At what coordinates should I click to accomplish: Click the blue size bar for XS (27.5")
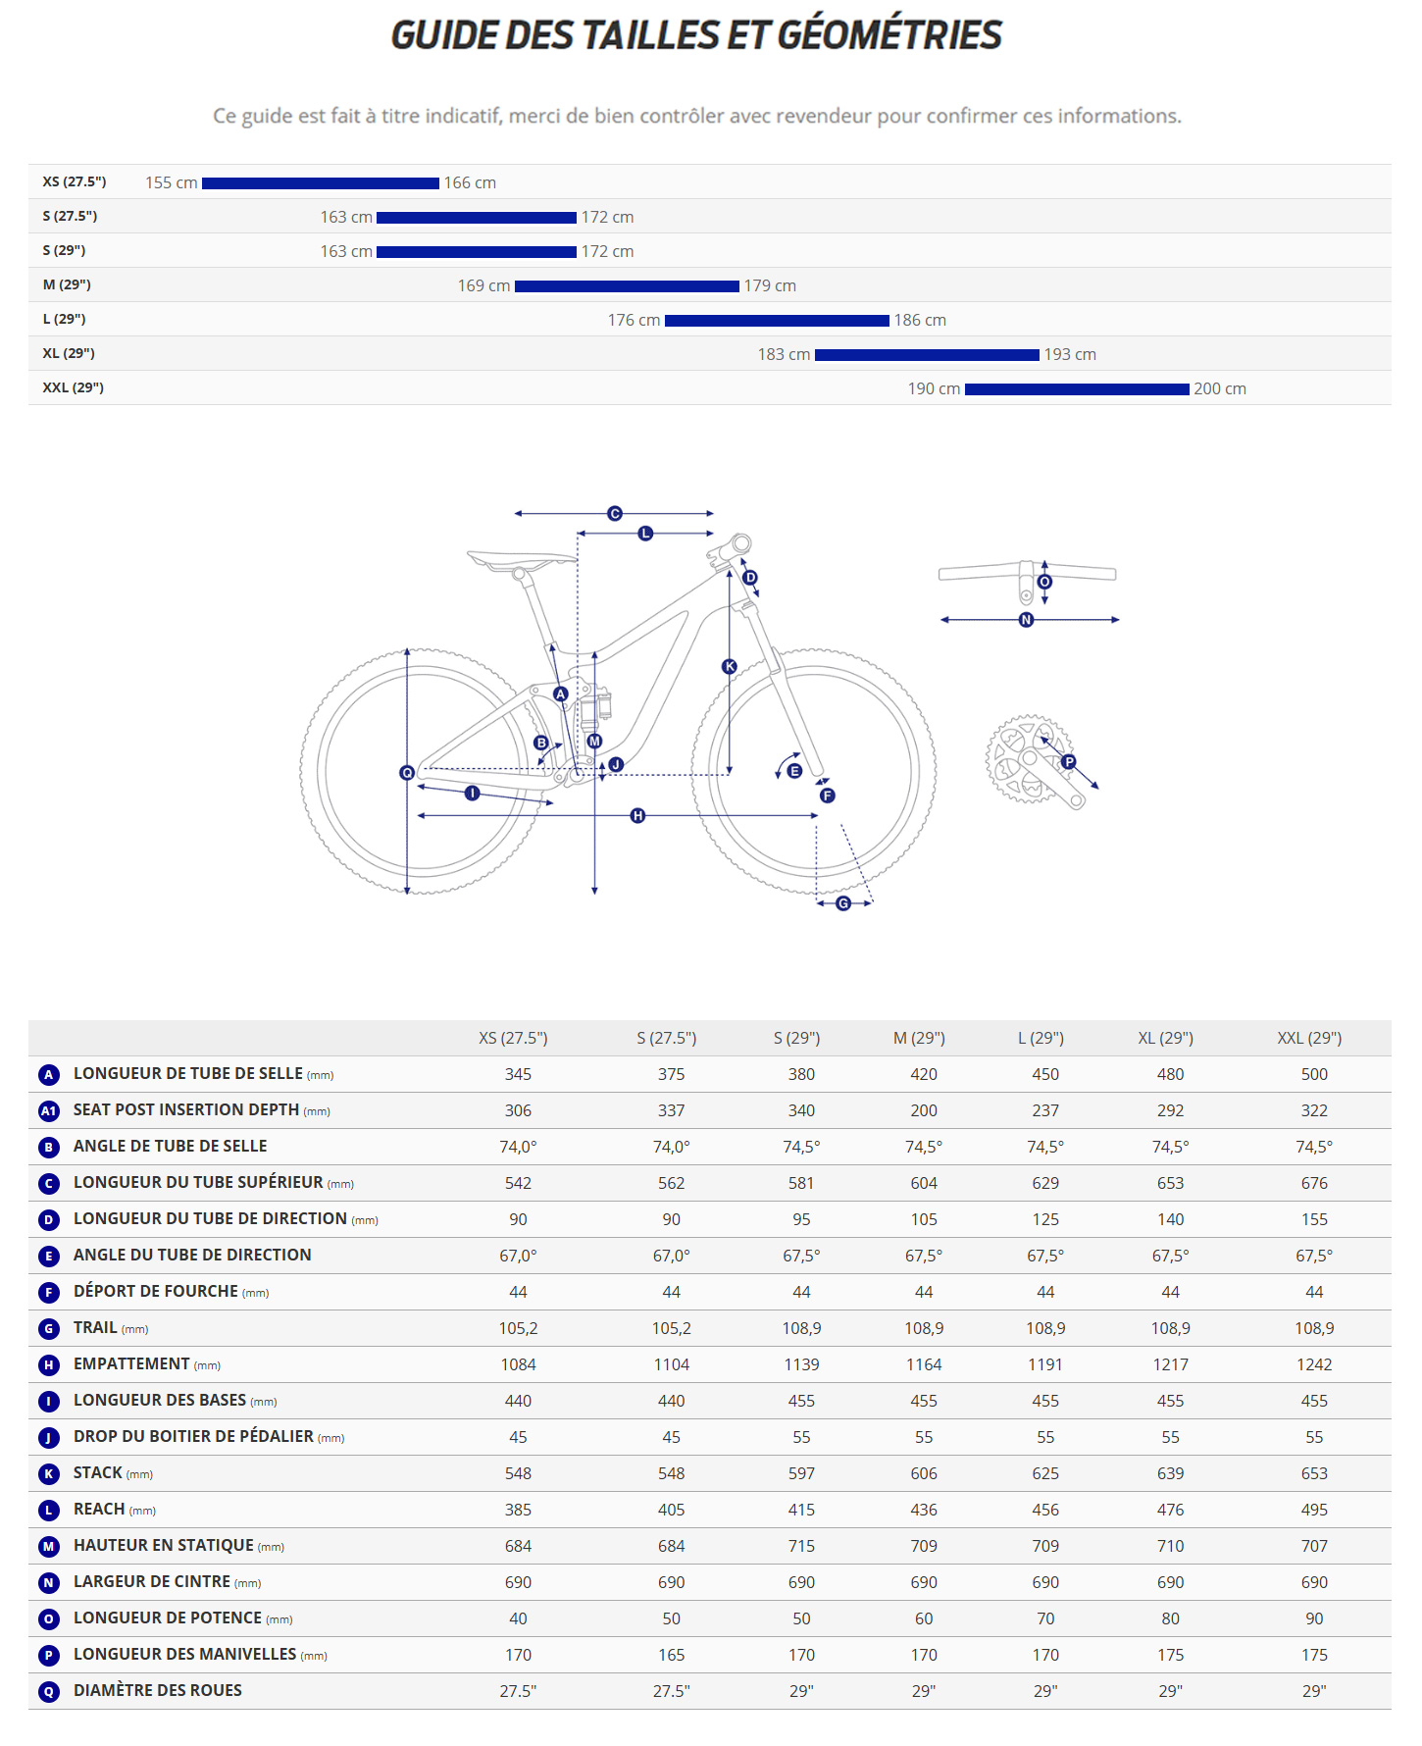pyautogui.click(x=320, y=183)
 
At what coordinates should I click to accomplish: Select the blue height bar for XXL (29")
pyautogui.click(x=1076, y=389)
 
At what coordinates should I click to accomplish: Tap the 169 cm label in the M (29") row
pyautogui.click(x=483, y=286)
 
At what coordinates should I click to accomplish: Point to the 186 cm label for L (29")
pyautogui.click(x=919, y=321)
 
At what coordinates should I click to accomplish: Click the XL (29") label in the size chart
pyautogui.click(x=69, y=353)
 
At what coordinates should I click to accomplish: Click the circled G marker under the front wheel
pyautogui.click(x=843, y=903)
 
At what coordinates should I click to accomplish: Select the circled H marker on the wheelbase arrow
pyautogui.click(x=637, y=816)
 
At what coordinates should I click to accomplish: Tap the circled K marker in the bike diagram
pyautogui.click(x=729, y=667)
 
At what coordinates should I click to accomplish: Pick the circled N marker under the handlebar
pyautogui.click(x=1026, y=620)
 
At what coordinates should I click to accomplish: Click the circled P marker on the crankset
pyautogui.click(x=1069, y=762)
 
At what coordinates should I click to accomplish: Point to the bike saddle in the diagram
pyautogui.click(x=521, y=560)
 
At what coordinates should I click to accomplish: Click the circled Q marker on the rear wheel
pyautogui.click(x=407, y=773)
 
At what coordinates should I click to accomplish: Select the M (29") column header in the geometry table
pyautogui.click(x=919, y=1038)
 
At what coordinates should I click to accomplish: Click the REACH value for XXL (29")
pyautogui.click(x=1313, y=1510)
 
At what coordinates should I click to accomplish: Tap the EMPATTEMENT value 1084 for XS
pyautogui.click(x=518, y=1364)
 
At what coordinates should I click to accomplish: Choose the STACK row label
pyautogui.click(x=98, y=1473)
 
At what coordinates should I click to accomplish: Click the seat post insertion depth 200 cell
pyautogui.click(x=923, y=1110)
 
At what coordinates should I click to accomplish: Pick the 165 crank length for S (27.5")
pyautogui.click(x=671, y=1655)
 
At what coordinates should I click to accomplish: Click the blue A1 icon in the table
pyautogui.click(x=48, y=1111)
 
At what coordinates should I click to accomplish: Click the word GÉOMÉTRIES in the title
pyautogui.click(x=889, y=35)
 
